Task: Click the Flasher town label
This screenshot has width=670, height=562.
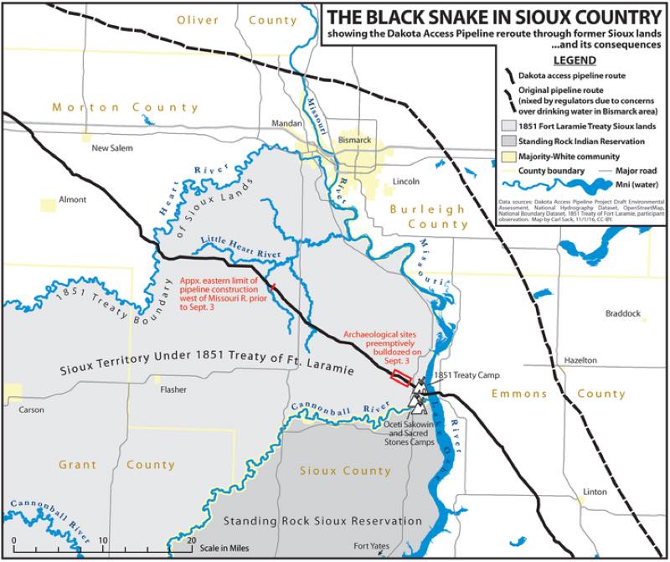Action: click(173, 389)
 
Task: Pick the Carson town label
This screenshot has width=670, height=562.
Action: click(31, 410)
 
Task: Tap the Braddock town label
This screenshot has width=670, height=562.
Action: click(622, 314)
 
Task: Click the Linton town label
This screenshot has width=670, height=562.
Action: click(595, 491)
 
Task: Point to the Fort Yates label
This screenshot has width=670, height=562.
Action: click(371, 546)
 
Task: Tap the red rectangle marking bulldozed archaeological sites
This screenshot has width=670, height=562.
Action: click(401, 378)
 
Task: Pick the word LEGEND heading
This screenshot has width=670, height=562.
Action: click(575, 61)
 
